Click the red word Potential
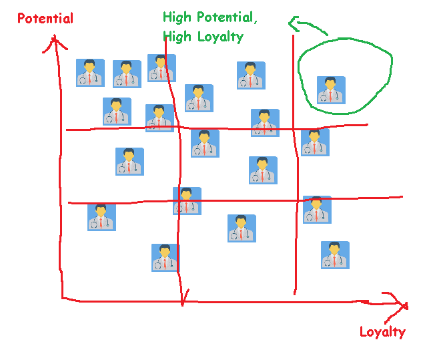[x=45, y=19]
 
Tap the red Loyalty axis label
[x=382, y=331]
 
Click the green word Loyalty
[x=221, y=37]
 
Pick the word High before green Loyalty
[x=176, y=37]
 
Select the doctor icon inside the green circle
[x=331, y=90]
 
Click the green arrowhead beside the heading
[x=292, y=25]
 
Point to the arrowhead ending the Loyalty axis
[x=403, y=305]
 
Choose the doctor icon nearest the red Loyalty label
[x=335, y=254]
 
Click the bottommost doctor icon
[x=165, y=257]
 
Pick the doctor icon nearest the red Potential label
[x=90, y=72]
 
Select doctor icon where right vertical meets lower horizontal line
[x=317, y=209]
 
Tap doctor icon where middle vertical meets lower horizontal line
[x=187, y=200]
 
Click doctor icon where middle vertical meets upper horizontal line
[x=159, y=118]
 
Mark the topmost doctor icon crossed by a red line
[x=161, y=68]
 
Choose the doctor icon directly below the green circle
[x=315, y=142]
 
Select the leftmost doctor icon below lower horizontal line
[x=101, y=217]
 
